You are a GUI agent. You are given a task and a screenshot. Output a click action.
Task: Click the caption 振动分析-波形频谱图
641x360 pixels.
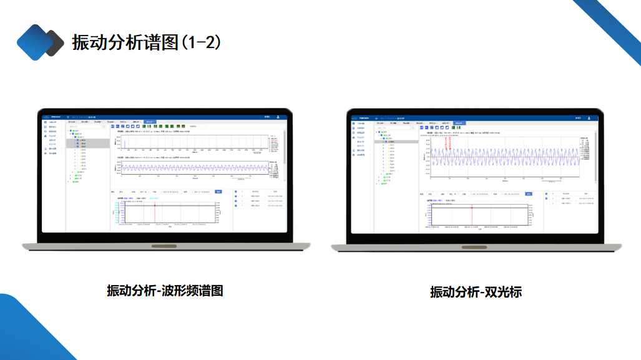coord(165,290)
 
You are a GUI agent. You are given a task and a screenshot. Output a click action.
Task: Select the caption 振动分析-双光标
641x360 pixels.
coord(476,291)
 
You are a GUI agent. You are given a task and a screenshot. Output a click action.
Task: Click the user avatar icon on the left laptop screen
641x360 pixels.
coord(278,117)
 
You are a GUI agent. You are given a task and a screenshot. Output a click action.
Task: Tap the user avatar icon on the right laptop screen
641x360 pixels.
coord(589,117)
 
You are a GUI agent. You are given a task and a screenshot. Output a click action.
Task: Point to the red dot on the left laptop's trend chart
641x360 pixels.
coord(154,205)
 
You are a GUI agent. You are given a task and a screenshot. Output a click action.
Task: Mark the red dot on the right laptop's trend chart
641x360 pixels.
coord(472,207)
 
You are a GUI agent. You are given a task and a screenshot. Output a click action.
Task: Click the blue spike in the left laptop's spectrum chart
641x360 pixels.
coord(125,145)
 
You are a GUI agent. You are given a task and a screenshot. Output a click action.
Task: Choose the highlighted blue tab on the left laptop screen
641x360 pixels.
coord(150,122)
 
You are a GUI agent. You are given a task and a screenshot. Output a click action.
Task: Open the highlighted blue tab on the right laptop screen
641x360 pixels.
coord(459,123)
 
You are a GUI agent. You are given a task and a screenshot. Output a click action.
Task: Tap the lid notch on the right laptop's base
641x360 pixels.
coord(475,246)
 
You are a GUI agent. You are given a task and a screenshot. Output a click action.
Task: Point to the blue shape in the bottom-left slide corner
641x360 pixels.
coord(28,331)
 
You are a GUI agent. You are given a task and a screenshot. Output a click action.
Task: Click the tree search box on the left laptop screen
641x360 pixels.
coord(87,127)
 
